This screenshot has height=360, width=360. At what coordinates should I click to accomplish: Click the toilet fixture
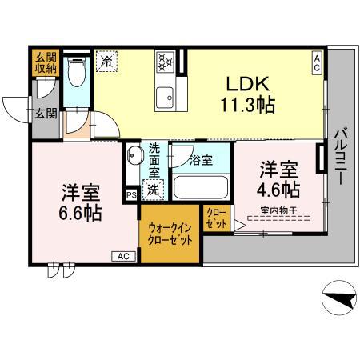pyautogui.click(x=78, y=74)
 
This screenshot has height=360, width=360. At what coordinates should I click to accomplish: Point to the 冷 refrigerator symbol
pyautogui.click(x=106, y=61)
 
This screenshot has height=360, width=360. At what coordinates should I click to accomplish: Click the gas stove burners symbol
pyautogui.click(x=164, y=61)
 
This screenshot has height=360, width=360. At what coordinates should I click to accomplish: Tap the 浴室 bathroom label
pyautogui.click(x=201, y=159)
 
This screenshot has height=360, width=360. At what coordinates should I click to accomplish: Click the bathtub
pyautogui.click(x=199, y=189)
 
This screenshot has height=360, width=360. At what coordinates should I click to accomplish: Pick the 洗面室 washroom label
pyautogui.click(x=155, y=160)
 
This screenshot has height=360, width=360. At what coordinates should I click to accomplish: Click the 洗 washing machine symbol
pyautogui.click(x=154, y=190)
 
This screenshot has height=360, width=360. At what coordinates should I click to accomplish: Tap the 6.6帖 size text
pyautogui.click(x=81, y=214)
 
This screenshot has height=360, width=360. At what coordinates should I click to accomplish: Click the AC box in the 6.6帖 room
pyautogui.click(x=123, y=256)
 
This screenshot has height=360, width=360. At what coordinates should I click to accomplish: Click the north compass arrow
pyautogui.click(x=339, y=299)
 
